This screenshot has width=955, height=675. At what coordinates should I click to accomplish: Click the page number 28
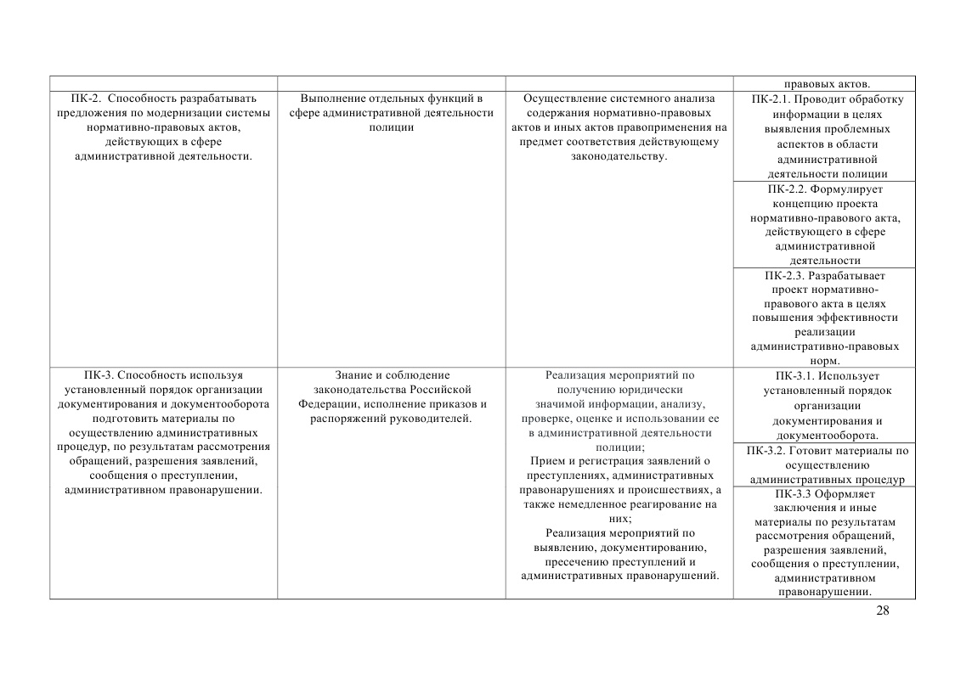[882, 610]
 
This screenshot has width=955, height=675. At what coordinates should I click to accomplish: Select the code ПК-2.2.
[787, 189]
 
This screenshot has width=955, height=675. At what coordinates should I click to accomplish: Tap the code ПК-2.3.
[783, 275]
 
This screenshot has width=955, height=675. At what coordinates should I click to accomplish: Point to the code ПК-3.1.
[795, 375]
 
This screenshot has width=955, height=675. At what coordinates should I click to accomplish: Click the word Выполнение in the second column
[331, 98]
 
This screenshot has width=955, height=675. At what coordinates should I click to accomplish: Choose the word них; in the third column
[619, 518]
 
